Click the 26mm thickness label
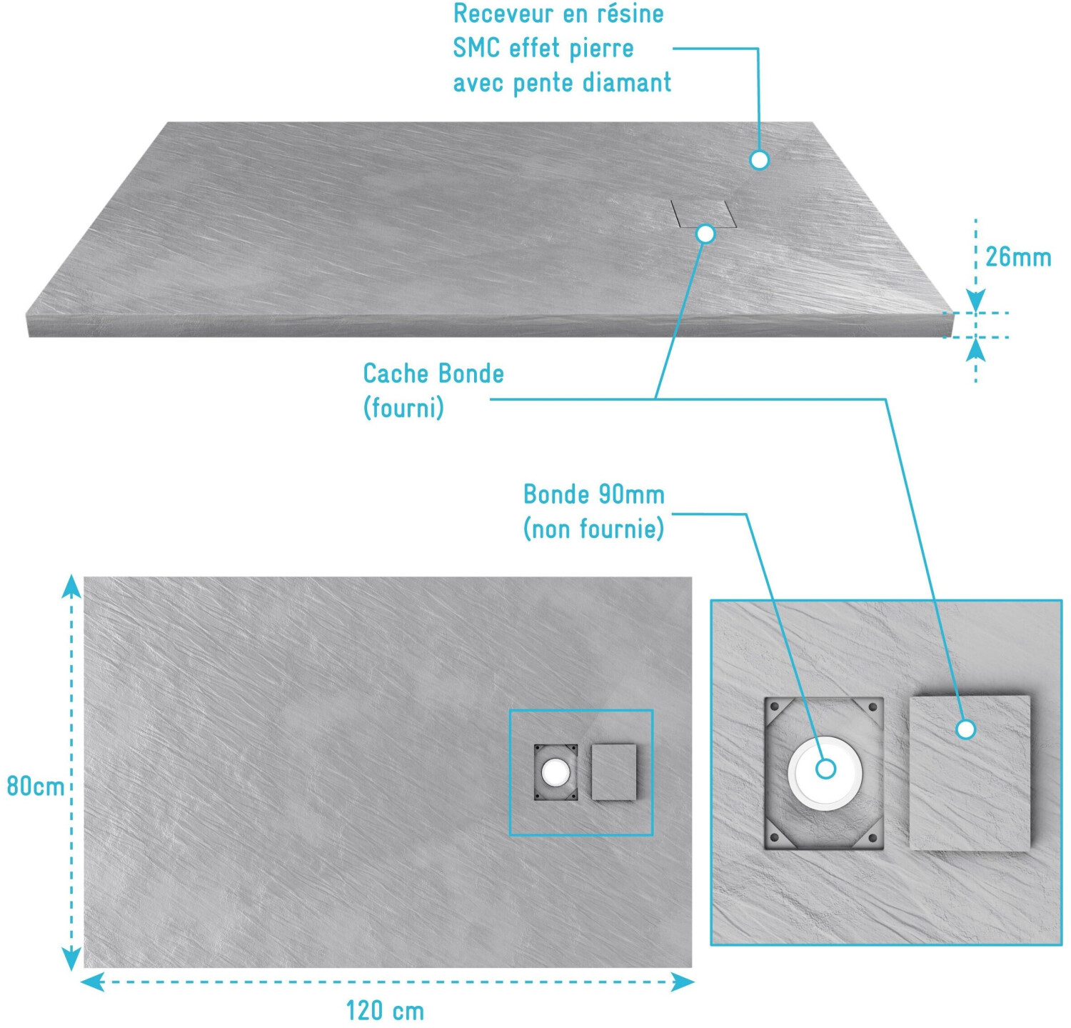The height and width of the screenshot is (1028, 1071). (1017, 257)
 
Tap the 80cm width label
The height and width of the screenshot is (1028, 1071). (35, 786)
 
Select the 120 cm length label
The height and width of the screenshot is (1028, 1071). (385, 1011)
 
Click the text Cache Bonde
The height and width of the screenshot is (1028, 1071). (433, 374)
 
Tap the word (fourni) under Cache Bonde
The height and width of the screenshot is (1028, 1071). (403, 408)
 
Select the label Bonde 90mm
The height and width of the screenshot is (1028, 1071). (594, 494)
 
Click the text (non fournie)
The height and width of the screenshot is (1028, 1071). (593, 529)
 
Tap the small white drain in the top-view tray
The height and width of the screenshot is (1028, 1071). (555, 772)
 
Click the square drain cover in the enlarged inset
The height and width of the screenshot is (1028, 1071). (970, 774)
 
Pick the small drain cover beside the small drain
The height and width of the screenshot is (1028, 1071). (613, 772)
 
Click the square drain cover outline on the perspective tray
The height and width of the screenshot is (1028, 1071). (703, 214)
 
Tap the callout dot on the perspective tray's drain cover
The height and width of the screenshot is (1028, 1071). (705, 234)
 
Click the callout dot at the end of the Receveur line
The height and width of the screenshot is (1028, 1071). (759, 159)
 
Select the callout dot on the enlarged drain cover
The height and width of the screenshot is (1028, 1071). (966, 729)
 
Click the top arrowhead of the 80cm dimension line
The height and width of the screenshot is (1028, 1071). (71, 587)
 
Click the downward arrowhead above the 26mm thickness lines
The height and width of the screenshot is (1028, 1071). (976, 300)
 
